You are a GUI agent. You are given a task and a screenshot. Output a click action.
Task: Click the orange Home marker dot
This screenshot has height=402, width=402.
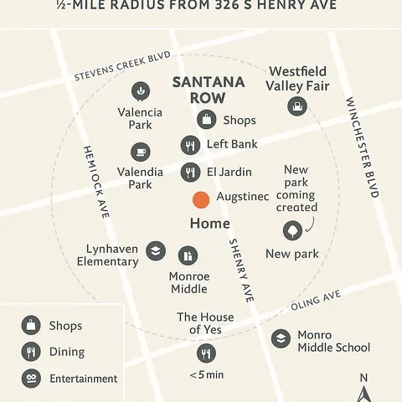(x=201, y=200)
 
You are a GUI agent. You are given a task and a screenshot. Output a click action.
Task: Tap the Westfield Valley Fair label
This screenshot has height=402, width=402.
(x=297, y=79)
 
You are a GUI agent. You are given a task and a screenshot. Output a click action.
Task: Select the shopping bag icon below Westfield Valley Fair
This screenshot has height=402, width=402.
(x=296, y=106)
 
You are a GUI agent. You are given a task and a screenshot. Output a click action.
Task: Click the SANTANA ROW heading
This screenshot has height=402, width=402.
(x=208, y=90)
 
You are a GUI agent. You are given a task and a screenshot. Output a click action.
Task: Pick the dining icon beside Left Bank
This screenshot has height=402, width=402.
(x=191, y=146)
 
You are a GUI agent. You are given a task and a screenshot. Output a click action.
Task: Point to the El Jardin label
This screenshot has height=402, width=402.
(x=229, y=173)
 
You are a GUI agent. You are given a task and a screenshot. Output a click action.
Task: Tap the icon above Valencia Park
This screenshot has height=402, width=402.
(x=140, y=91)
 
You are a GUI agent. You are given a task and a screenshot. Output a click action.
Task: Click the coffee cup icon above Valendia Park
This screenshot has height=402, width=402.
(x=140, y=152)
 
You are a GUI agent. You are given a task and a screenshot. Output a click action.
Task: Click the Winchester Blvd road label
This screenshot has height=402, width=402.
(x=361, y=147)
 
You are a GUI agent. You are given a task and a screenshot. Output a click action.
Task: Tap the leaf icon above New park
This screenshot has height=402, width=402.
(x=292, y=231)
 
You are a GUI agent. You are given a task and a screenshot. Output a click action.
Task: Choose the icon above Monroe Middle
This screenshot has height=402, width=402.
(x=188, y=255)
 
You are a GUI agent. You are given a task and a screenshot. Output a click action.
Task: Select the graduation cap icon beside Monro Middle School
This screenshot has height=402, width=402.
(x=281, y=338)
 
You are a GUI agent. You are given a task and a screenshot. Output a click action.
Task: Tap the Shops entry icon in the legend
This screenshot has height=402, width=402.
(x=31, y=325)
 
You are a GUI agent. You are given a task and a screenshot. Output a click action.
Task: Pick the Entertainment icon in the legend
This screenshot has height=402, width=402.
(x=31, y=379)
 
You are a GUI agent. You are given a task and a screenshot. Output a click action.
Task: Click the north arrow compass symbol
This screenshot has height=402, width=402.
(x=363, y=386)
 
